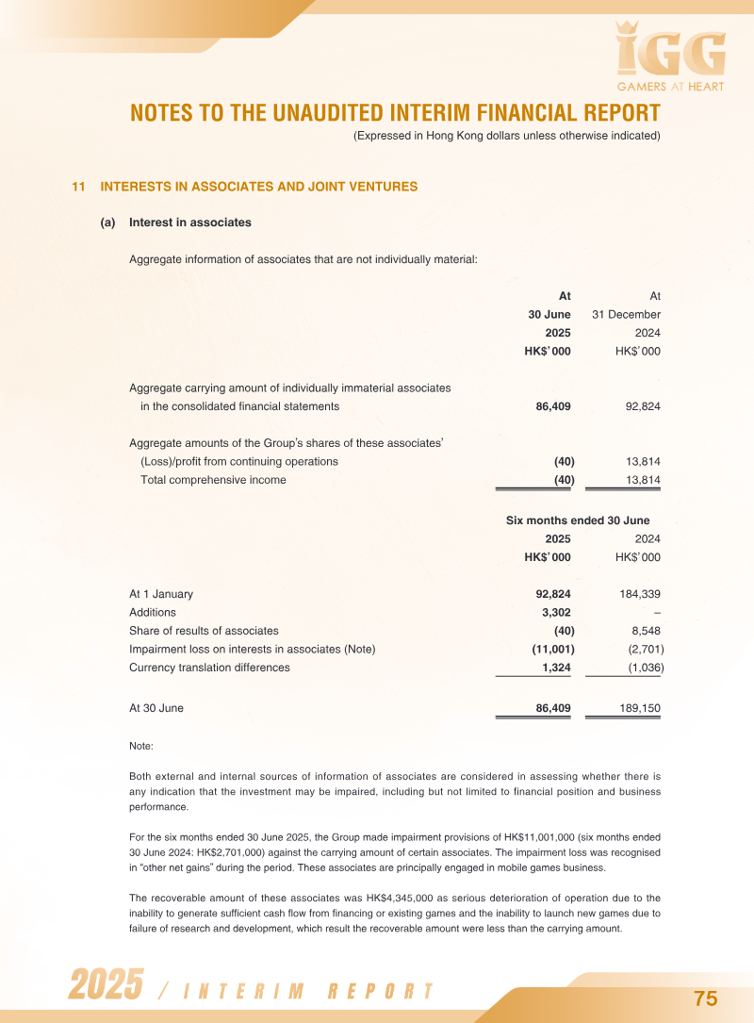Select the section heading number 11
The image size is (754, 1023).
click(79, 187)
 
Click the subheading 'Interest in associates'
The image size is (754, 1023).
click(190, 223)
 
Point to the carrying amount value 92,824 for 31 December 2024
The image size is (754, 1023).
click(643, 406)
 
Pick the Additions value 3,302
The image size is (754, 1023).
click(553, 613)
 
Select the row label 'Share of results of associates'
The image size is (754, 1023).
click(204, 631)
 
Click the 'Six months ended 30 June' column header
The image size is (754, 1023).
click(578, 520)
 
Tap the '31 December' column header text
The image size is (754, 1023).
click(626, 314)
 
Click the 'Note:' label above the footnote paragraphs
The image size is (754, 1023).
click(141, 747)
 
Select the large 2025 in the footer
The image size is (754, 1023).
click(105, 984)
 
